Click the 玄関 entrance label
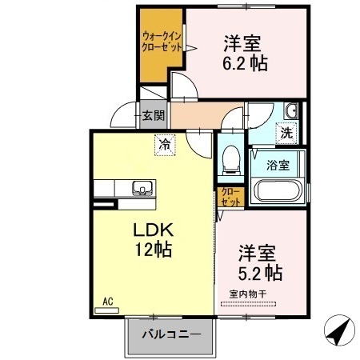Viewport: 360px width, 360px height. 153,115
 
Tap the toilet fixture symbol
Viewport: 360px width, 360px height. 231,160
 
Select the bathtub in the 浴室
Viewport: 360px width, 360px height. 277,190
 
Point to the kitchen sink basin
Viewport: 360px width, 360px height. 142,187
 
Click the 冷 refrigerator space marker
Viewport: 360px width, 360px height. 165,145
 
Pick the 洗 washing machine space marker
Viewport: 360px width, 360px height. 286,133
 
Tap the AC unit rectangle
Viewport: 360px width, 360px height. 107,310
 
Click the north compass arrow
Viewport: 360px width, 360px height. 339,330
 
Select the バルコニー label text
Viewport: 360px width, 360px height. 171,334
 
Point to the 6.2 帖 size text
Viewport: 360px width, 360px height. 245,63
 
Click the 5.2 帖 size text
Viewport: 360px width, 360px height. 260,272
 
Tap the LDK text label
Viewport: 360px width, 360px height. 153,230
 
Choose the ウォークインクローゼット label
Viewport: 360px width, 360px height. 162,42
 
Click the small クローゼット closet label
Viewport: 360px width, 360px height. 230,197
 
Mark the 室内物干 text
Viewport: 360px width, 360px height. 248,294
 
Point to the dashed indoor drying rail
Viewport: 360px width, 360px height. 248,304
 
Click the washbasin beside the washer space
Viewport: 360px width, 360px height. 290,110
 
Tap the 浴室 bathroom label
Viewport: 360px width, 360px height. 278,165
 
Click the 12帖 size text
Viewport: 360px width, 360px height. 153,249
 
